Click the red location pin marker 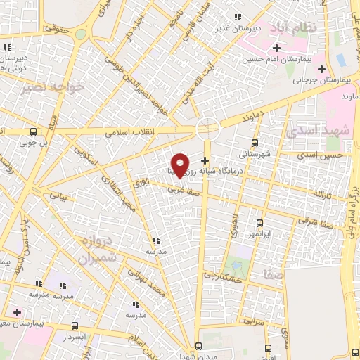(180, 165)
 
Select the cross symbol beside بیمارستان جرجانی (322, 69)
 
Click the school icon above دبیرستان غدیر (238, 16)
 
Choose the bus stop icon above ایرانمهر (259, 222)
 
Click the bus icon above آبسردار (76, 326)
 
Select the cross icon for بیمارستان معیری (17, 311)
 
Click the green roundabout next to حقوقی (82, 34)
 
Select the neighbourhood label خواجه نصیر (56, 87)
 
